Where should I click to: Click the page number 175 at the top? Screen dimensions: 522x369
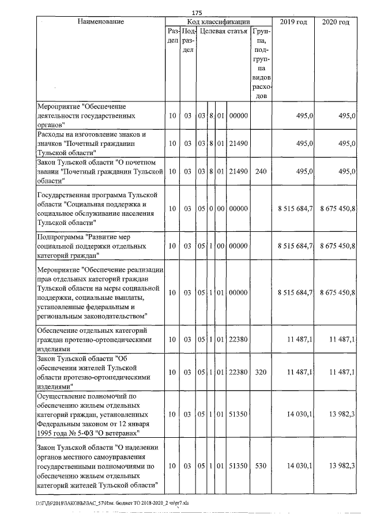(197, 13)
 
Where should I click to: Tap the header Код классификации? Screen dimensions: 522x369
(219, 22)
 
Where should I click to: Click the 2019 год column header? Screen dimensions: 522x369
(293, 22)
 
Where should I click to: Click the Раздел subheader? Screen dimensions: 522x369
(172, 36)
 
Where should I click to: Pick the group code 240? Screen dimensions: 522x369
(261, 171)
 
